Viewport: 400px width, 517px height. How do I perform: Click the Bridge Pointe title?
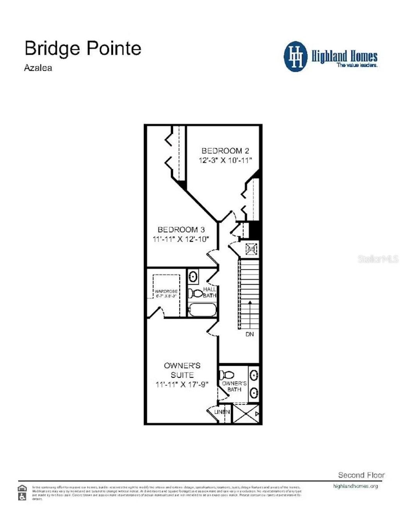83,48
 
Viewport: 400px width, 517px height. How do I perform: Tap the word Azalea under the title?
38,68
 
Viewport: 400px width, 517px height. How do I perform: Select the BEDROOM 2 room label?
225,151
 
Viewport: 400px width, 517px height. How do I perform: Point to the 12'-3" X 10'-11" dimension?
225,160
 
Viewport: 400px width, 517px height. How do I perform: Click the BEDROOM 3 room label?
181,230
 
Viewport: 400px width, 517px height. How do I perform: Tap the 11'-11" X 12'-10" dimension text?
181,239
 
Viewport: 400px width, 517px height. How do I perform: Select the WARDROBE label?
166,291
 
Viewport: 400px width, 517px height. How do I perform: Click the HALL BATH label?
209,292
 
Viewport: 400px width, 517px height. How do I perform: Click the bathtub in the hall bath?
202,310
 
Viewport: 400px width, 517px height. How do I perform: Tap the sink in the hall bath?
193,277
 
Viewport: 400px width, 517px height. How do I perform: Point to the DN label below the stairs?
250,334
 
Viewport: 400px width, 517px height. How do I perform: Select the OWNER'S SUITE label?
182,370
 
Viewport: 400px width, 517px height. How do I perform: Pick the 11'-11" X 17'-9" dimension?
182,385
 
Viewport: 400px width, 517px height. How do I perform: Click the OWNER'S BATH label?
234,386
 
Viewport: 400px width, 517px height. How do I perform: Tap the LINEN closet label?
222,412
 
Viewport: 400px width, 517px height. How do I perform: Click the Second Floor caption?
361,475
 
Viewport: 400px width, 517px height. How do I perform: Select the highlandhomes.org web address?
355,486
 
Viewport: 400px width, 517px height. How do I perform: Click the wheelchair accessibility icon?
23,497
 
